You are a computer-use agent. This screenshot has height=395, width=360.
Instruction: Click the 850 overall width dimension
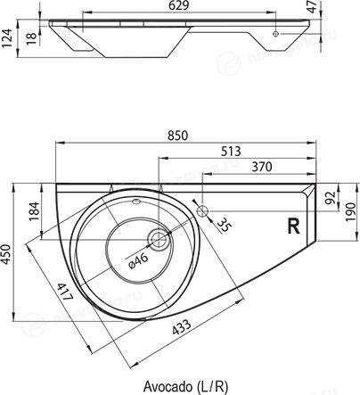tap(177, 136)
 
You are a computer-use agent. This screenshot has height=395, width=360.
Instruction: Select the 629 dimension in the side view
tap(178, 5)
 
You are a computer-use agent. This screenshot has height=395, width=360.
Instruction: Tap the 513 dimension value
tap(231, 152)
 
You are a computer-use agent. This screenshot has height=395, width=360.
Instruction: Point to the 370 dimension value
tap(262, 167)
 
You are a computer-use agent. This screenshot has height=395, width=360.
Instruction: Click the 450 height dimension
tap(6, 254)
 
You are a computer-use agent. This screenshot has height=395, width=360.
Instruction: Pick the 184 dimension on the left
tap(34, 211)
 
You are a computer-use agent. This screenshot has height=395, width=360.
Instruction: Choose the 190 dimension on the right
tap(351, 211)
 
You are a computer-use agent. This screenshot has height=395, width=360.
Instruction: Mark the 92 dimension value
tap(331, 198)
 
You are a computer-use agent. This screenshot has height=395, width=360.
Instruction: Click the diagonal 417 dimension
tap(65, 292)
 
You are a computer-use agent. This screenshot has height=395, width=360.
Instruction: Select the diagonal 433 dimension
tap(182, 327)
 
